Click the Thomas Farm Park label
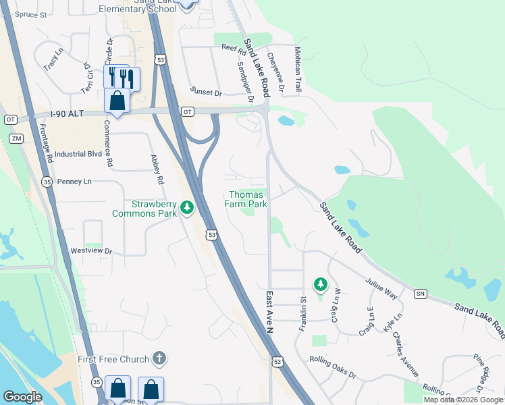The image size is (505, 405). [246, 199]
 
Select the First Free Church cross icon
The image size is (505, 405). [159, 358]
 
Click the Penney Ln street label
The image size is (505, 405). [74, 182]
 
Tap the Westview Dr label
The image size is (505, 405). [91, 251]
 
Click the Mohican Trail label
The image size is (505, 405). [297, 70]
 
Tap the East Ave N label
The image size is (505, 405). [269, 312]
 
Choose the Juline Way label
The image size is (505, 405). [381, 288]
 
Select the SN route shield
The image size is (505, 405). [421, 294]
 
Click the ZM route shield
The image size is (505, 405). [16, 138]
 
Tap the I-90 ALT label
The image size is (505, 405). [66, 114]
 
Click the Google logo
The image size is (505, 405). [22, 397]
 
